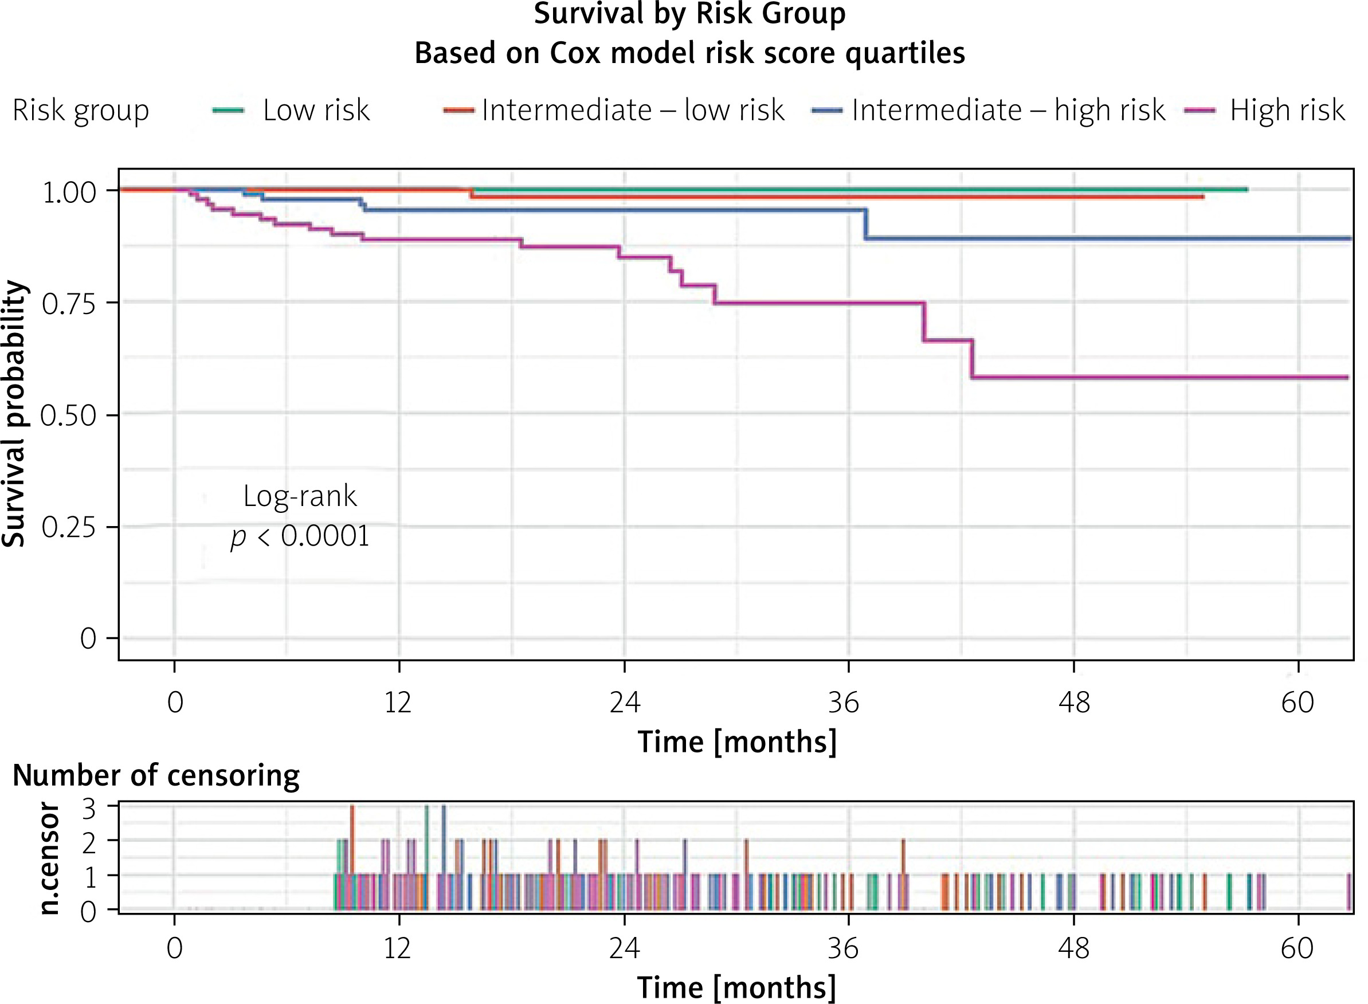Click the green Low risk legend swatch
(x=228, y=111)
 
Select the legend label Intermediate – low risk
(x=633, y=110)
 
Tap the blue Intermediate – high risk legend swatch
(x=827, y=111)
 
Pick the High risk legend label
(x=1287, y=110)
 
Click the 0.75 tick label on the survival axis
(x=69, y=303)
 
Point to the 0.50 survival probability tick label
(x=69, y=415)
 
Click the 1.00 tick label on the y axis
(x=69, y=192)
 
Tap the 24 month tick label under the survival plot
(x=625, y=703)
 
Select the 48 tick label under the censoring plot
(x=1074, y=948)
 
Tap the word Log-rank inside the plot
(x=300, y=496)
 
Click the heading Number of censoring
(x=156, y=776)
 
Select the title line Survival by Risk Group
(x=690, y=14)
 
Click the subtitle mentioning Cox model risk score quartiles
(x=690, y=53)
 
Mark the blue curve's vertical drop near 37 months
(x=865, y=224)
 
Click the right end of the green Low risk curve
(x=1247, y=190)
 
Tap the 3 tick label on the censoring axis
(x=89, y=810)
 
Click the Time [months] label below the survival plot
(x=737, y=742)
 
